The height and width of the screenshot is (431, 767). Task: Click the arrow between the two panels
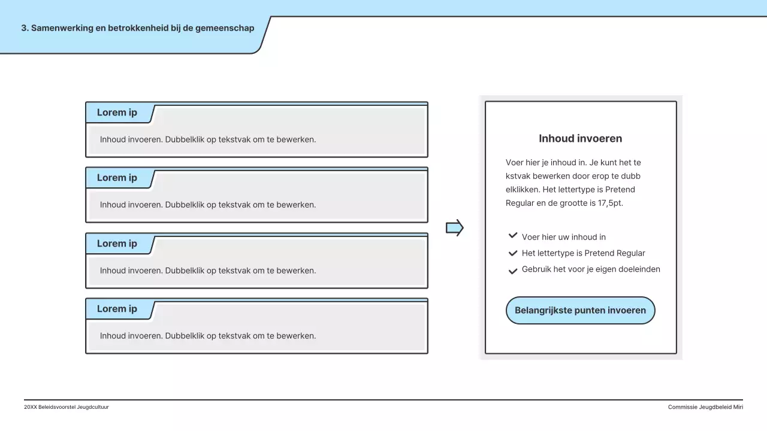tap(455, 227)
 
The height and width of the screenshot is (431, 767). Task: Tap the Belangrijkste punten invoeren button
tap(580, 310)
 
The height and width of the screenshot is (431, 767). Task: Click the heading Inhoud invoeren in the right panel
tap(580, 138)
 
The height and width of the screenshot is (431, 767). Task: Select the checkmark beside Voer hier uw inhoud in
tap(513, 236)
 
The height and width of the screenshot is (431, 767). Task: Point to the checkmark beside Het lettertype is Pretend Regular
tap(513, 253)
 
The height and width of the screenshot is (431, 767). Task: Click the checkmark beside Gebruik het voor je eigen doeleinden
tap(513, 271)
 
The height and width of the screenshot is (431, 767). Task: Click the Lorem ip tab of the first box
tap(117, 113)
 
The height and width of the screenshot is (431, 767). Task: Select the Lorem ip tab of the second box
tap(117, 178)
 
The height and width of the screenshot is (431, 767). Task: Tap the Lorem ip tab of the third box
tap(117, 244)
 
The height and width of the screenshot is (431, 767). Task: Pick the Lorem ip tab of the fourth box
tap(117, 309)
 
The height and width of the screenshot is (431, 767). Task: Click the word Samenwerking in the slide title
tap(62, 28)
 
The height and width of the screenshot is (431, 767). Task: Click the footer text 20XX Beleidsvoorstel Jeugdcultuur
tap(67, 407)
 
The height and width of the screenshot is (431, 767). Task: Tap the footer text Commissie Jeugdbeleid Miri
tap(705, 407)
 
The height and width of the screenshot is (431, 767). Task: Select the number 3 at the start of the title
tap(24, 28)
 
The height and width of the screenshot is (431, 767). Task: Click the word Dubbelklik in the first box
tap(185, 139)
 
